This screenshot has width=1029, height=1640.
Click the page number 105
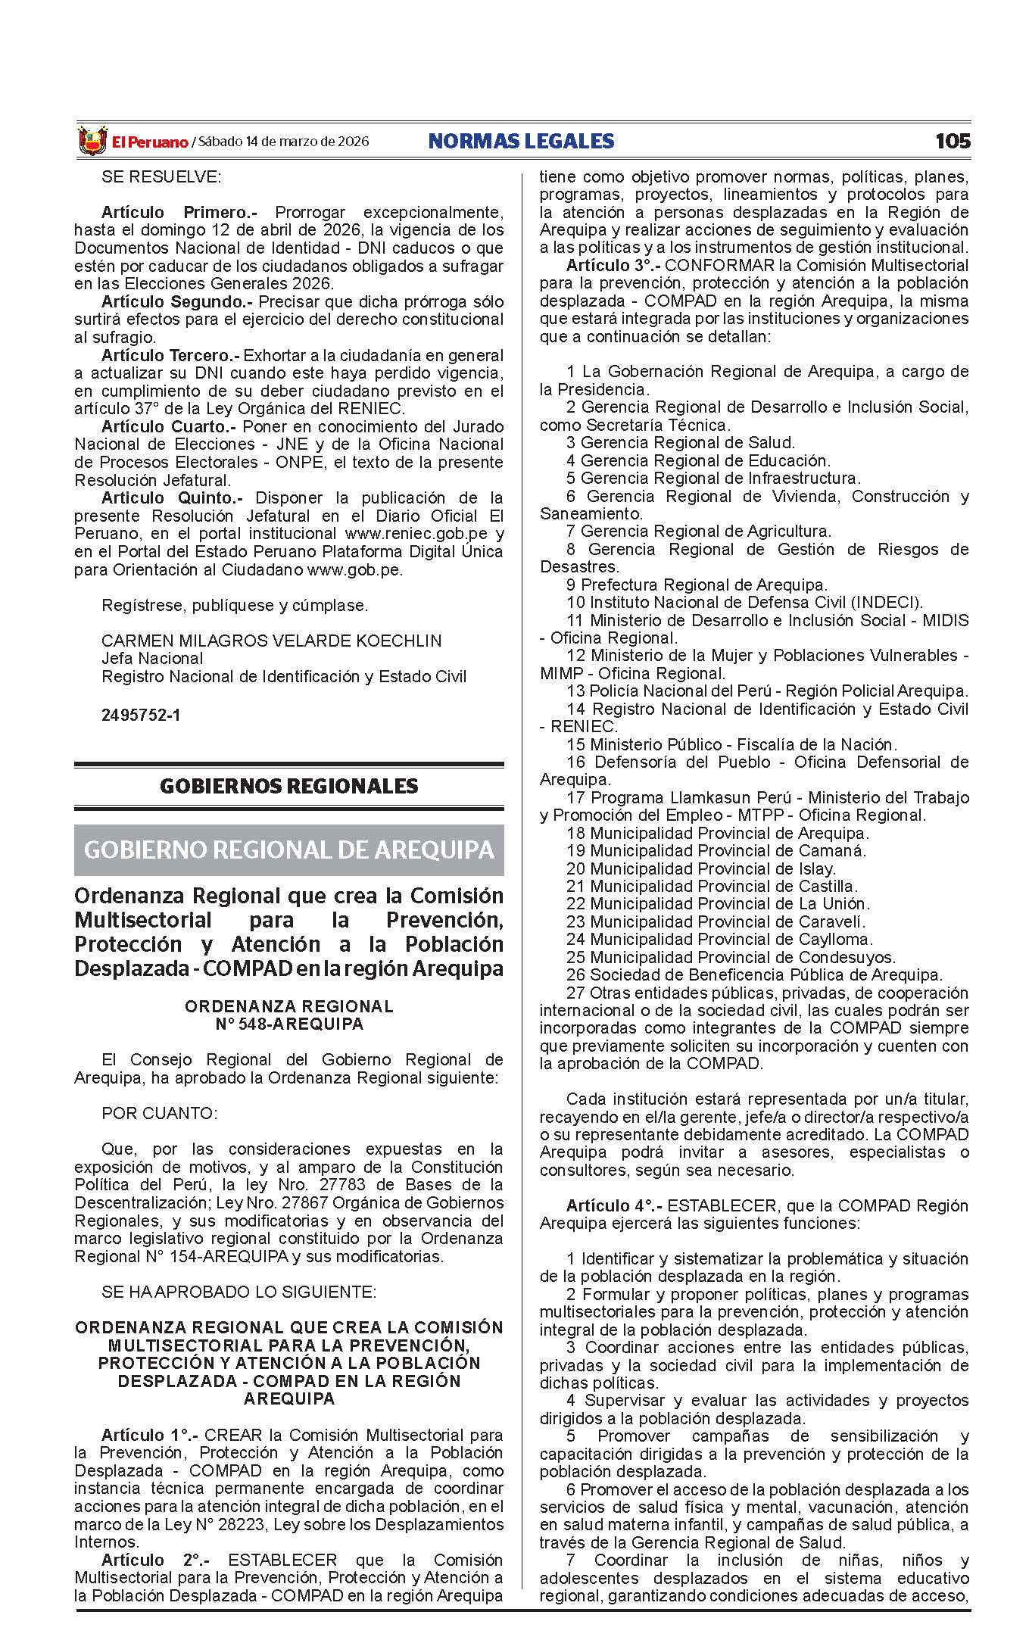point(952,141)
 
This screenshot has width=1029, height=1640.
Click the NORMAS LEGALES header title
point(521,141)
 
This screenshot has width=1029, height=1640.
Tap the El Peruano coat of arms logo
point(92,142)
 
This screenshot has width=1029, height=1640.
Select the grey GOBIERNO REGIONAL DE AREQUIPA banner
point(288,850)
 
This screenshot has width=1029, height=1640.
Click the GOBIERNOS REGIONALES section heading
point(288,786)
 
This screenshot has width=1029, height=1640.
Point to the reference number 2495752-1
point(141,715)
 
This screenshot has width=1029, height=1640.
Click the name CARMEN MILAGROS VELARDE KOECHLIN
point(271,641)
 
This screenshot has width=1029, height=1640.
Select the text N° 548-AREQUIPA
point(288,1024)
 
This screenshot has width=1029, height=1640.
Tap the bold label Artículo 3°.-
point(613,266)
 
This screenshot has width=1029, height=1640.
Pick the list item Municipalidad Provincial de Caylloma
point(720,940)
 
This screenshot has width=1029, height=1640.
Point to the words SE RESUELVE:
point(161,177)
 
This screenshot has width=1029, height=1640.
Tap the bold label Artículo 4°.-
point(613,1205)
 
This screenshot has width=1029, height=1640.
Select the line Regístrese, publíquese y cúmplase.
point(235,605)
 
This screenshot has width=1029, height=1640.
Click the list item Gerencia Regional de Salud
point(688,443)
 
